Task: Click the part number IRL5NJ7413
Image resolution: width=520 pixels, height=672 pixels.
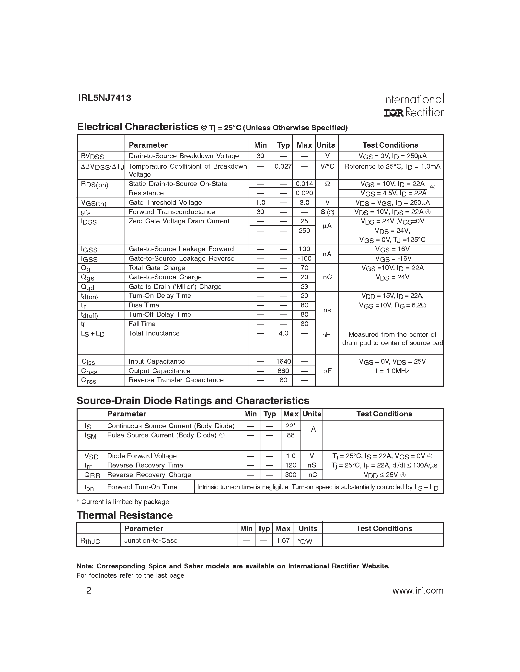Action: [x=104, y=98]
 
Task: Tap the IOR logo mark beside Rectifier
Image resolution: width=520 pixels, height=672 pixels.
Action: [x=393, y=113]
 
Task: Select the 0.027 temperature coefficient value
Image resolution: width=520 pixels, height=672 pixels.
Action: [x=283, y=166]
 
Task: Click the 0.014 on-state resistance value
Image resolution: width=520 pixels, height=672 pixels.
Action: [x=304, y=184]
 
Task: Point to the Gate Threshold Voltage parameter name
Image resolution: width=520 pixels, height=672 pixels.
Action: [x=165, y=203]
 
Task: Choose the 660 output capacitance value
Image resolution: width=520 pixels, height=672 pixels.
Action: [x=283, y=371]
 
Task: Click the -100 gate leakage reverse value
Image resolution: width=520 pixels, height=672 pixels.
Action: [x=304, y=259]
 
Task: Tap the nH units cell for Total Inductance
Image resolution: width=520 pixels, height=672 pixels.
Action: [x=326, y=335]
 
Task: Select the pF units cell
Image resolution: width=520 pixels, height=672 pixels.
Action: [x=327, y=371]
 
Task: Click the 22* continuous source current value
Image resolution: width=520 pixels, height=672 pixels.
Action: [x=290, y=426]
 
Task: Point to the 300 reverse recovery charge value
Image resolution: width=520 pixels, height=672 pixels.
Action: [x=290, y=475]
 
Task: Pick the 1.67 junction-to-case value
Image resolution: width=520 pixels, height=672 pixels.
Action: [x=282, y=540]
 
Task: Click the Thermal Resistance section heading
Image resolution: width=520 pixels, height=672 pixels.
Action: [x=125, y=515]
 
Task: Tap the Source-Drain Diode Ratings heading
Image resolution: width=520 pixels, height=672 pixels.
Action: [x=193, y=401]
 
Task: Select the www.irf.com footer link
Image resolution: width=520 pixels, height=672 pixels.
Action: [x=418, y=590]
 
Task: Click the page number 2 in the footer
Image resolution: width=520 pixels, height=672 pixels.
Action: [x=89, y=590]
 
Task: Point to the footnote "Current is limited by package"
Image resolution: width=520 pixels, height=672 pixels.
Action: [x=123, y=502]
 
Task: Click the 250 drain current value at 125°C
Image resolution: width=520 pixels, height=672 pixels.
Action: [x=304, y=230]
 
